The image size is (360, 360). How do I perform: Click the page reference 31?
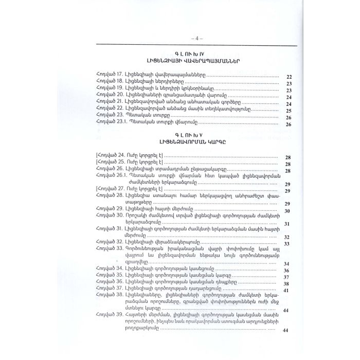pos(289,224)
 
